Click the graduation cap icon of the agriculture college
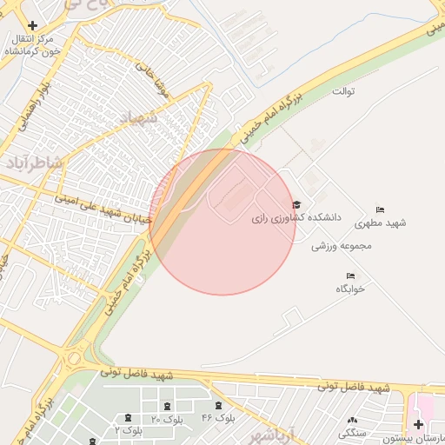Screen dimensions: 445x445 [x=298, y=203]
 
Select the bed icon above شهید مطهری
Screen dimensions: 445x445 [x=380, y=210]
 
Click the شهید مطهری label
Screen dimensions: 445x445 [x=380, y=223]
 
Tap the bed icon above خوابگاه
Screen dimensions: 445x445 [x=350, y=276]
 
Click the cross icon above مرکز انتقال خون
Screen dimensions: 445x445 [x=32, y=26]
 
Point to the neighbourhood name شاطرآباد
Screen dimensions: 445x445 [x=34, y=163]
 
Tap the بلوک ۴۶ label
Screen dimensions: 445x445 [x=218, y=418]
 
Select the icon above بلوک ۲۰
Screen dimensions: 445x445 [x=167, y=407]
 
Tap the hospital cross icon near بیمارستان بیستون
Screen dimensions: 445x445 [x=419, y=424]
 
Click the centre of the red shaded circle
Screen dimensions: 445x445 [x=222, y=222]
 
